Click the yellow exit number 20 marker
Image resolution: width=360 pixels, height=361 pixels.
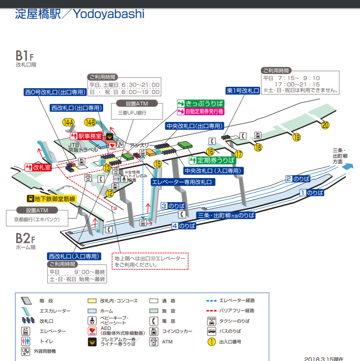[x=325, y=125]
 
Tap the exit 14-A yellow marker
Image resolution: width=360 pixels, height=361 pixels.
[x=68, y=122]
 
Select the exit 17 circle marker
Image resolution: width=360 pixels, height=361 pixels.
[x=239, y=154]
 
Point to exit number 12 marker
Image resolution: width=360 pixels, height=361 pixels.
[x=110, y=193]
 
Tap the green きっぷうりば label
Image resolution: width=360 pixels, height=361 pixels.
[x=200, y=103]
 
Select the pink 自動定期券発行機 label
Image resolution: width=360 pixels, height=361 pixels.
[x=200, y=111]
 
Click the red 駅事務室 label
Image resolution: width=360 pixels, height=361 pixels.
[x=85, y=135]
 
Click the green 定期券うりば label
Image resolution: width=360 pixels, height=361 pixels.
[x=213, y=160]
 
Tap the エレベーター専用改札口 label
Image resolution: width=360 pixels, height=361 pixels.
[x=182, y=182]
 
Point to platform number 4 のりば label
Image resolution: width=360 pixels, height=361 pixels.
[x=184, y=226]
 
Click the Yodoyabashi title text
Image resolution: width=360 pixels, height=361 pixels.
[x=108, y=14]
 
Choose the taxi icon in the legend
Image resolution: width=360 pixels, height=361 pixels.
[x=212, y=321]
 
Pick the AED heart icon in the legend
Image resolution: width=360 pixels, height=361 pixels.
[x=92, y=331]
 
